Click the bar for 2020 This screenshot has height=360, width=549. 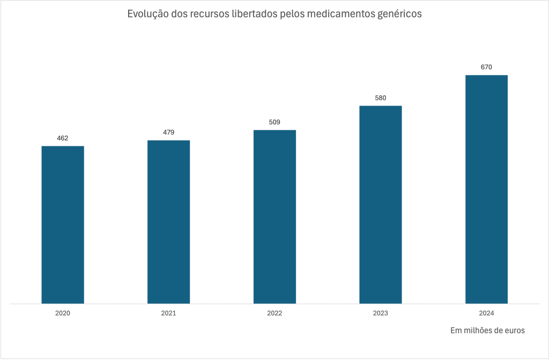click(63, 224)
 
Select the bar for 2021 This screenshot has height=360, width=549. click(168, 222)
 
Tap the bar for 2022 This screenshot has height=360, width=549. click(274, 216)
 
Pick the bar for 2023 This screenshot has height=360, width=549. click(380, 205)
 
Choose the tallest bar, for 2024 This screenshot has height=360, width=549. click(486, 189)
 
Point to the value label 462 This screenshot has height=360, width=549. click(63, 138)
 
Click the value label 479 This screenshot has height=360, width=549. click(168, 132)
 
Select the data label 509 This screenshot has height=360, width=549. click(274, 122)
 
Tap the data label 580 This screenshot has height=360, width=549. click(380, 98)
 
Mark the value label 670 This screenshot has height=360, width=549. click(486, 67)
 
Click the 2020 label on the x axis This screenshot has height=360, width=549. click(63, 313)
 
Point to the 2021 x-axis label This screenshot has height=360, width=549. click(168, 313)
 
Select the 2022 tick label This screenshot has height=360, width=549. click(274, 313)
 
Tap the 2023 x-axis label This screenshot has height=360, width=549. click(380, 313)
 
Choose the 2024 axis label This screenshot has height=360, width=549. click(486, 313)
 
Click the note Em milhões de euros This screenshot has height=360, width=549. click(487, 331)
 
